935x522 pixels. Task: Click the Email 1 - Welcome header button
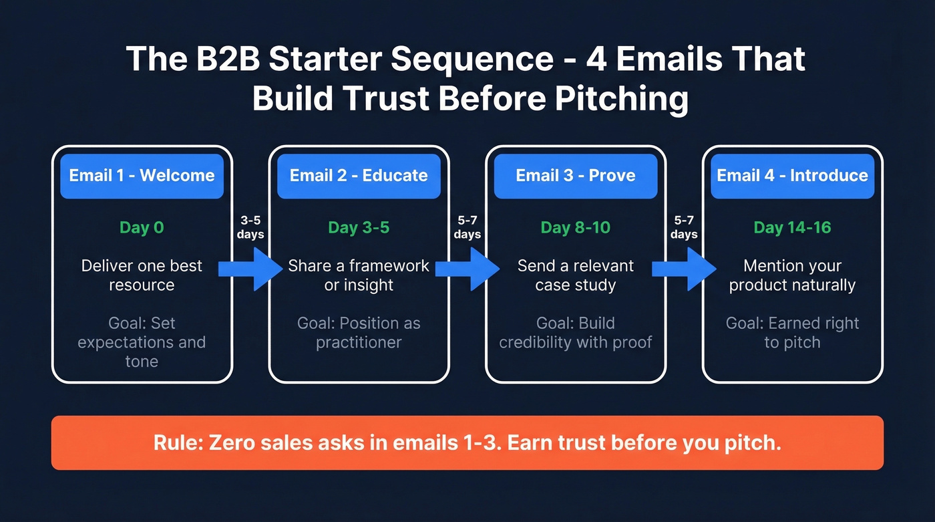[x=142, y=176]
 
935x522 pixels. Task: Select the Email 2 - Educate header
[x=359, y=176]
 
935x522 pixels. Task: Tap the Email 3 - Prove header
[x=575, y=176]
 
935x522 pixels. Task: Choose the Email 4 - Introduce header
[x=792, y=176]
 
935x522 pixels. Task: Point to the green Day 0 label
[x=142, y=227]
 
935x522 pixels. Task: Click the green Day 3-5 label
[x=359, y=227]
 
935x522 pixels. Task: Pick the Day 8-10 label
[x=575, y=227]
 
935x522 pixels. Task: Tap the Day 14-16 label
[x=792, y=227]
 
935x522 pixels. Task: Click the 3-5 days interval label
[x=251, y=227]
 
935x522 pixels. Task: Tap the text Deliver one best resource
[x=142, y=275]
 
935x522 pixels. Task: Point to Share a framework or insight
[x=359, y=275]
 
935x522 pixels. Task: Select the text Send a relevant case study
[x=575, y=275]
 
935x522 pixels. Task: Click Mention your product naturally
[x=792, y=275]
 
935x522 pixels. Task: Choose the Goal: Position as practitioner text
[x=359, y=333]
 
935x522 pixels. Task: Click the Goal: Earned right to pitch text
[x=792, y=333]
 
